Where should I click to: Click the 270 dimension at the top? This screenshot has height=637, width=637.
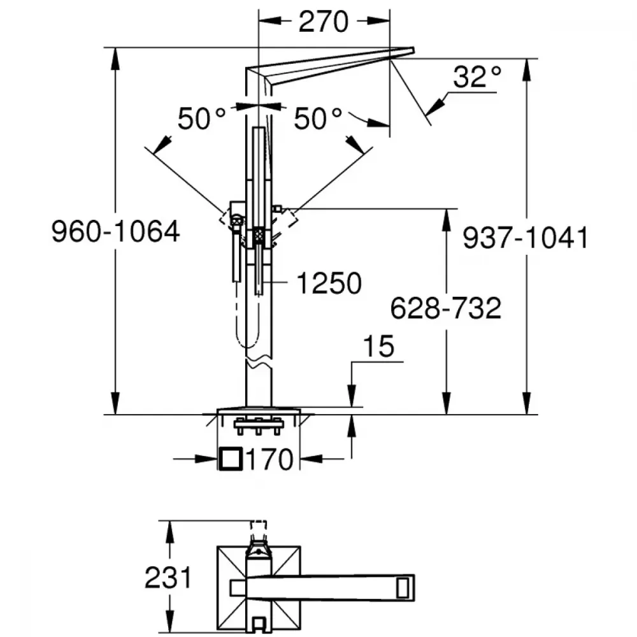(324, 22)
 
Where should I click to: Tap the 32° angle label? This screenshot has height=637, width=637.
(477, 76)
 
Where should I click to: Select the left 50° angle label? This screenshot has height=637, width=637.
(201, 118)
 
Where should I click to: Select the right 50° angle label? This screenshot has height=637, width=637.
(318, 118)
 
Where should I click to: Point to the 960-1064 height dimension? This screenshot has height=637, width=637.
(116, 232)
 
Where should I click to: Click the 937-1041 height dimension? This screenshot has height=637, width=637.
(526, 238)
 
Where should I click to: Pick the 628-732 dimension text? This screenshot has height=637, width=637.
(446, 308)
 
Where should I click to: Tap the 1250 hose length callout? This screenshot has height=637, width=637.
(329, 283)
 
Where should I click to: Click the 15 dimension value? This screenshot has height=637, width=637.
(378, 347)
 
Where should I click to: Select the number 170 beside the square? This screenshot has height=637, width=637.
(269, 459)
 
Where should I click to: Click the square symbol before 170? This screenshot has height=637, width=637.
(231, 459)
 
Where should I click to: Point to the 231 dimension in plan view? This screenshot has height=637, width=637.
(168, 578)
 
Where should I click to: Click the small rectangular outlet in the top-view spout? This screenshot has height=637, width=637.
(403, 587)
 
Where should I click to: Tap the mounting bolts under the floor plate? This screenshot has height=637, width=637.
(259, 427)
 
